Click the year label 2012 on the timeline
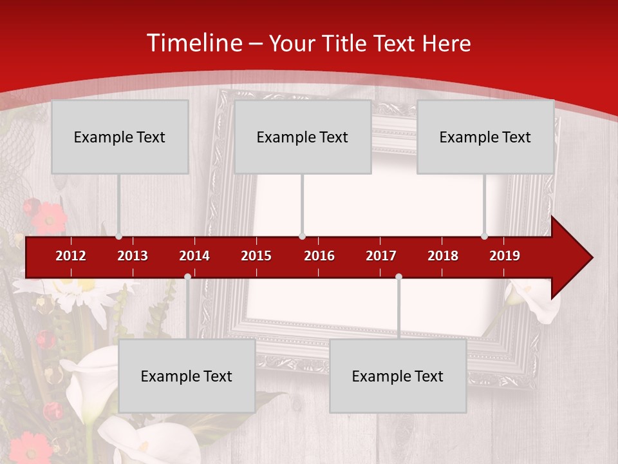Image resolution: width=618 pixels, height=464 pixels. pyautogui.click(x=71, y=256)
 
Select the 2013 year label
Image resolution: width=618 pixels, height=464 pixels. pyautogui.click(x=133, y=256)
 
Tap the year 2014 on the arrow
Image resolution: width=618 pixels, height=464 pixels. pyautogui.click(x=194, y=256)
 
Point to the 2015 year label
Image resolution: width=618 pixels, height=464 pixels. pyautogui.click(x=256, y=256)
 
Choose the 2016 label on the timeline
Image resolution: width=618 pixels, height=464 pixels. pyautogui.click(x=319, y=256)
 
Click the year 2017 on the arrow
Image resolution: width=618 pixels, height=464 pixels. pyautogui.click(x=381, y=256)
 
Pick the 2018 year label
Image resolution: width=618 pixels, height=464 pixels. pyautogui.click(x=443, y=256)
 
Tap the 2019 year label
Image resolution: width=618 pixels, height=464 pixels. pyautogui.click(x=505, y=256)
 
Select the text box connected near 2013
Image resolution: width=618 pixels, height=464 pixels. pyautogui.click(x=120, y=137)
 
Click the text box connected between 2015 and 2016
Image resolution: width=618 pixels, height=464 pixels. pyautogui.click(x=303, y=137)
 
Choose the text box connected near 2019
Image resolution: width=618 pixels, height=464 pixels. pyautogui.click(x=485, y=137)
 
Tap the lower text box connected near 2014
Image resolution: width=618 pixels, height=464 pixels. pyautogui.click(x=187, y=376)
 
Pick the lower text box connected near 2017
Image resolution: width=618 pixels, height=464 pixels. pyautogui.click(x=398, y=376)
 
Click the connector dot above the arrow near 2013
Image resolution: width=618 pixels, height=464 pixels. pyautogui.click(x=118, y=236)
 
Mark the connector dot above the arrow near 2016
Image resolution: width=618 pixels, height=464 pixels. pyautogui.click(x=302, y=236)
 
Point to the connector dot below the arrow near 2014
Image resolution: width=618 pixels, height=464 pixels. pyautogui.click(x=187, y=277)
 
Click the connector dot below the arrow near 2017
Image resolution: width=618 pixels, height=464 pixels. pyautogui.click(x=398, y=277)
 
